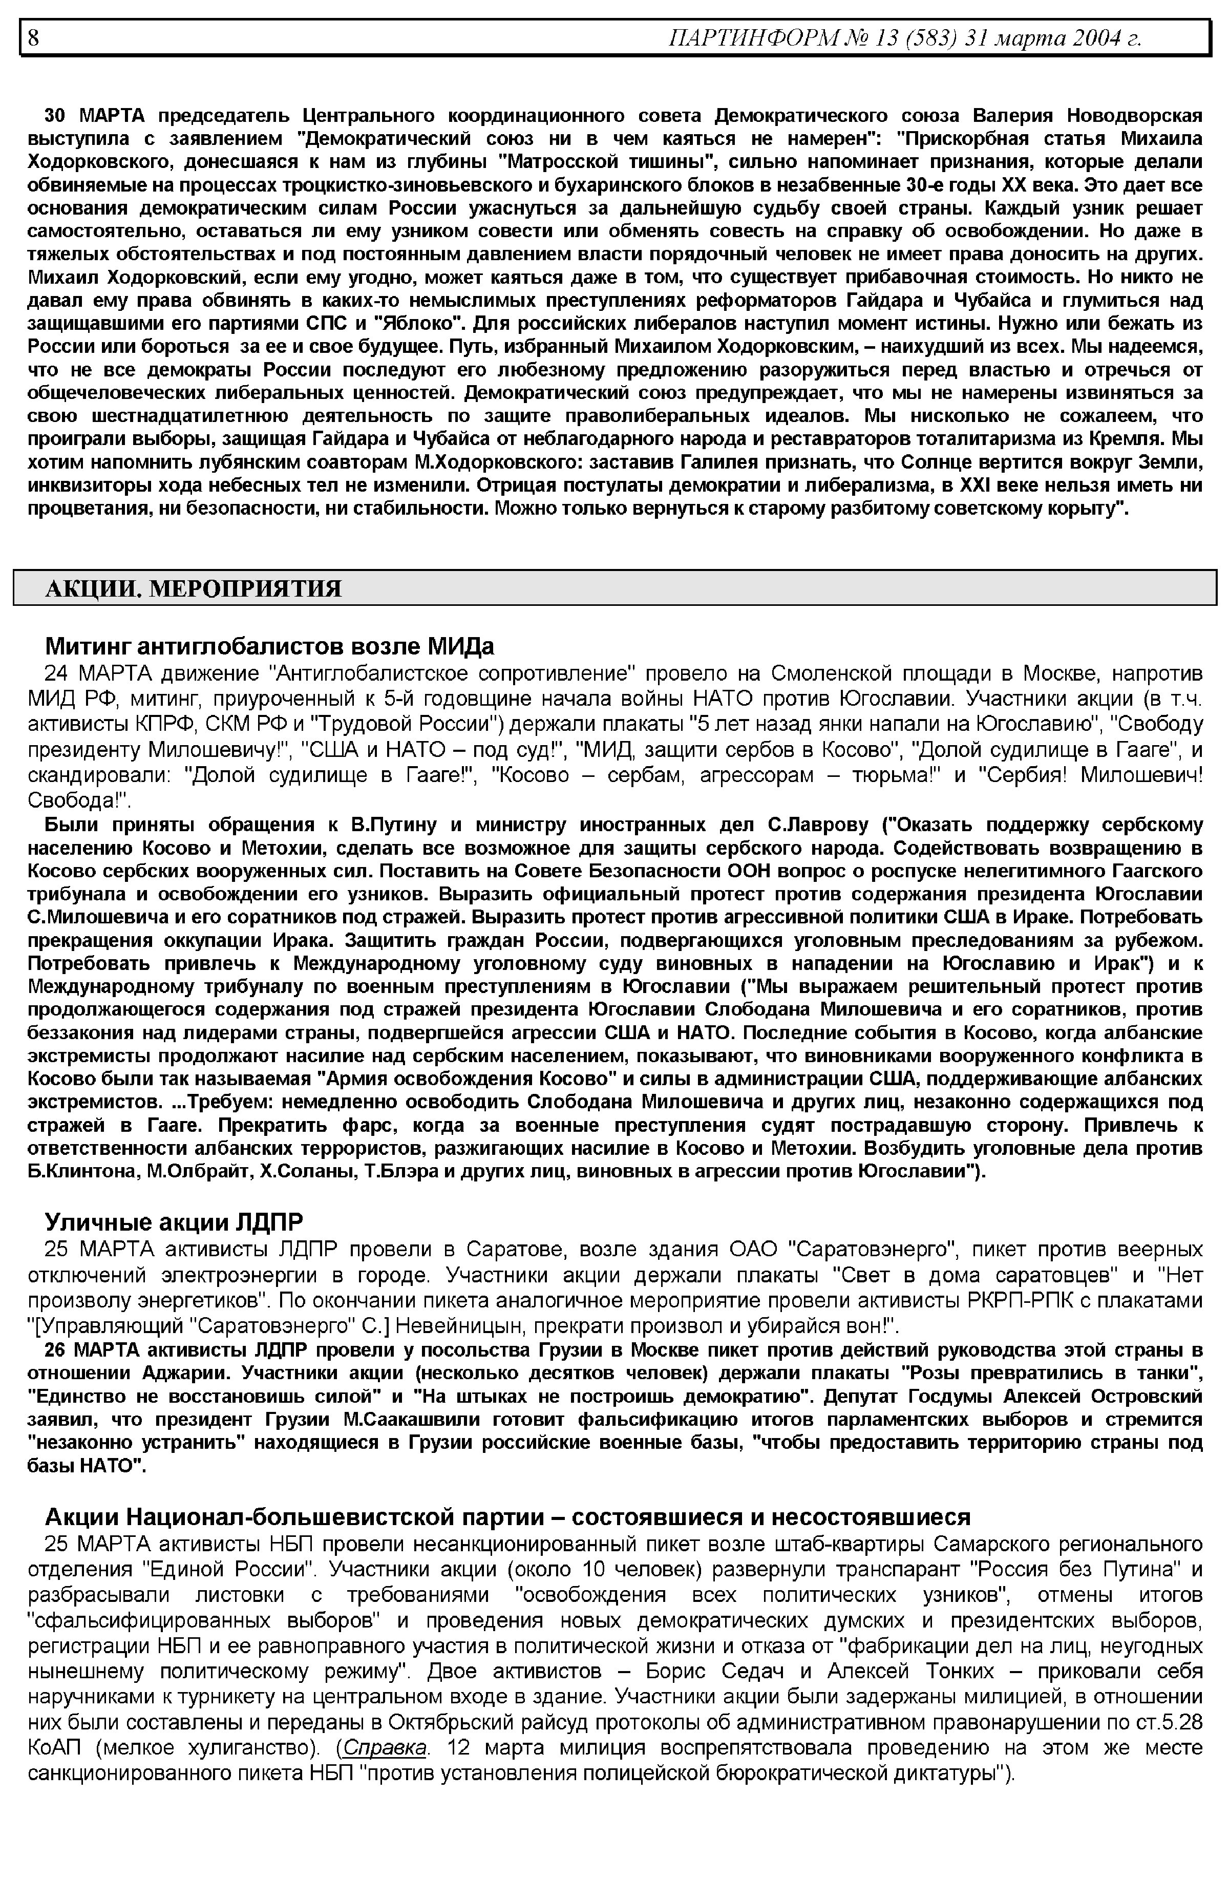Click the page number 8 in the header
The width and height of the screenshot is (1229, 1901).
click(33, 37)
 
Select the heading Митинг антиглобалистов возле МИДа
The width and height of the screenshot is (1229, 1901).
click(270, 645)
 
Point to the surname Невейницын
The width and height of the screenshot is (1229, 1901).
click(458, 1326)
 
